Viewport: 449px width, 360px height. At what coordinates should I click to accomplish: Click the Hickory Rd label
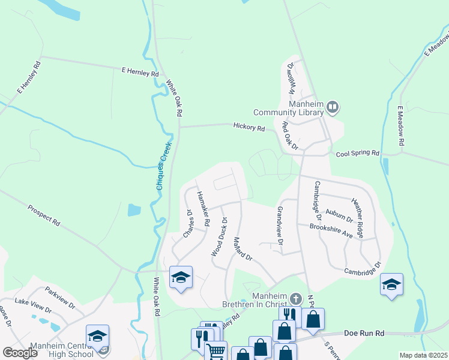(249, 127)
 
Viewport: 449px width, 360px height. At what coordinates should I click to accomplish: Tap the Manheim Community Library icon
(333, 109)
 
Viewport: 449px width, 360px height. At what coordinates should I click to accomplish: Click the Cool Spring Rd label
(358, 154)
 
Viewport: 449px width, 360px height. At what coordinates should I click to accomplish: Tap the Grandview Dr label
(280, 226)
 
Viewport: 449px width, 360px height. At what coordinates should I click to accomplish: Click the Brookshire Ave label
(331, 227)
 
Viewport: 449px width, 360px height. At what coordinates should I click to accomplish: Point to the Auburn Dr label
(339, 215)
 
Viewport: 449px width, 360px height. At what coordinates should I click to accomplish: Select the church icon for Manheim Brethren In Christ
(295, 298)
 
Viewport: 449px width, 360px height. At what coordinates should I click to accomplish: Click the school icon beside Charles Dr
(181, 277)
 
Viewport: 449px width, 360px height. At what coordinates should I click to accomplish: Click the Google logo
(20, 353)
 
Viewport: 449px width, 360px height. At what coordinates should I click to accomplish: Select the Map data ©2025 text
(423, 355)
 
